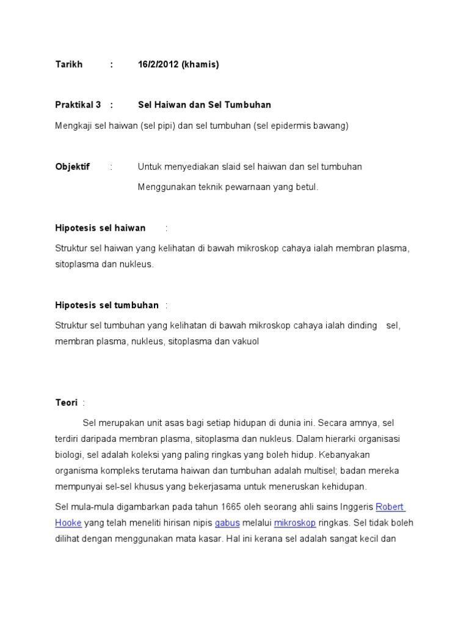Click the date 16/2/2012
point(158,64)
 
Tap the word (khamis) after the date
point(200,64)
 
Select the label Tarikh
point(68,64)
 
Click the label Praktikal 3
point(78,105)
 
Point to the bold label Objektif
point(72,167)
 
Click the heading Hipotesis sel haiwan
point(100,228)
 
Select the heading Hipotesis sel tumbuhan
point(107,305)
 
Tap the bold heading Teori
point(66,403)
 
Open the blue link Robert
point(390,507)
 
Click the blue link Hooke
point(68,523)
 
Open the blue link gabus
point(226,523)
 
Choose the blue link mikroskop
point(295,523)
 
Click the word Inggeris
point(354,507)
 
